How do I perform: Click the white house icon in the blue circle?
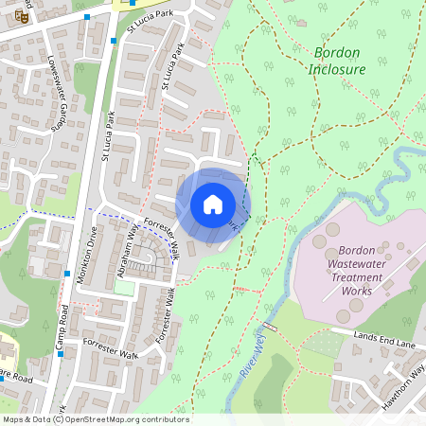pyautogui.click(x=213, y=204)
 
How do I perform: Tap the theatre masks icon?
pyautogui.click(x=22, y=16)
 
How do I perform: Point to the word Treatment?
pyautogui.click(x=357, y=277)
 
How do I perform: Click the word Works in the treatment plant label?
pyautogui.click(x=358, y=291)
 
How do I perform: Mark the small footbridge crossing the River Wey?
pyautogui.click(x=271, y=328)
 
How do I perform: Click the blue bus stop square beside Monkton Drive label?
pyautogui.click(x=67, y=274)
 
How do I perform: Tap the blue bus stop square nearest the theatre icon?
pyautogui.click(x=87, y=17)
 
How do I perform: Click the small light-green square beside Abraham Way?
pyautogui.click(x=124, y=287)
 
